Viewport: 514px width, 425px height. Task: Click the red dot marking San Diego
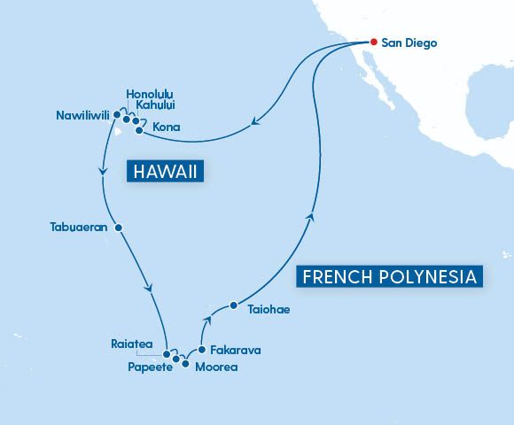click(374, 42)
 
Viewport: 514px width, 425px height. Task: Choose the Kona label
click(167, 127)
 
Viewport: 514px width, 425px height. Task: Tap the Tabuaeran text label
click(78, 227)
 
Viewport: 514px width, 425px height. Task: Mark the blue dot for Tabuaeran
click(118, 227)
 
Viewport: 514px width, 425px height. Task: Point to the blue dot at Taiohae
click(233, 305)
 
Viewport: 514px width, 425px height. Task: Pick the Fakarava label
click(236, 351)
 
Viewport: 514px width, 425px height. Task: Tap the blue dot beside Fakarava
click(202, 350)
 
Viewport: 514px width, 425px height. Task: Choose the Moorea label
click(217, 367)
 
